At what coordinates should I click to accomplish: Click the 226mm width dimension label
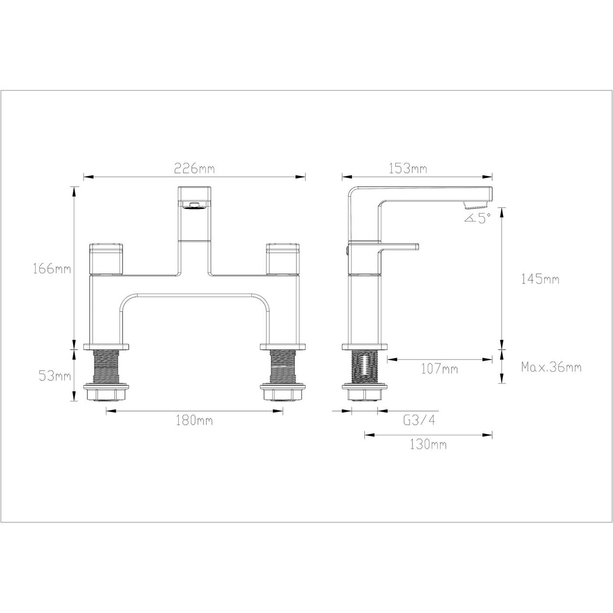[x=194, y=168]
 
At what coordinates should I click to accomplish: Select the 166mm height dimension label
[x=52, y=269]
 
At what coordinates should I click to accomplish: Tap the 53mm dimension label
[x=55, y=376]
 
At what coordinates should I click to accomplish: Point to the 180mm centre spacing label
[x=194, y=420]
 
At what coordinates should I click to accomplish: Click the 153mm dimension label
[x=408, y=168]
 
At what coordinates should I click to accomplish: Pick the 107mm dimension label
[x=439, y=368]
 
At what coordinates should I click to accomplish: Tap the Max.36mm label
[x=551, y=367]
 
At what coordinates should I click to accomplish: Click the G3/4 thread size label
[x=419, y=420]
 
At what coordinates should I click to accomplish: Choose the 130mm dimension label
[x=428, y=444]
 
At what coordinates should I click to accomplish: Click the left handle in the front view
[x=106, y=259]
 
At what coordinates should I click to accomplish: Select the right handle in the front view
[x=283, y=259]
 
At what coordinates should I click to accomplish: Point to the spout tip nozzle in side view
[x=475, y=205]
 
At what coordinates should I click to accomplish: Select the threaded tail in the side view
[x=364, y=366]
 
